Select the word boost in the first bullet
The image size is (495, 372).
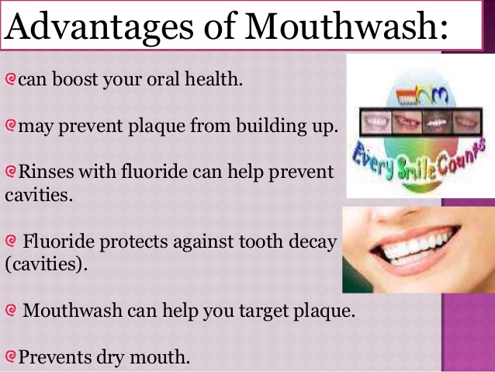point(75,78)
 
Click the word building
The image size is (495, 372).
point(272,126)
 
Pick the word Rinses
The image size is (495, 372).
point(46,172)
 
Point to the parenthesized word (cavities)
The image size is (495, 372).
point(46,264)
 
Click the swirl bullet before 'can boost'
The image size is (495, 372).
point(10,79)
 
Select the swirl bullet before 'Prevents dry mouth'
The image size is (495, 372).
point(10,356)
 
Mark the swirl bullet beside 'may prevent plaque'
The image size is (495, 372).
point(10,126)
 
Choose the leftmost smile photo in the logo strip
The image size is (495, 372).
point(376,122)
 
